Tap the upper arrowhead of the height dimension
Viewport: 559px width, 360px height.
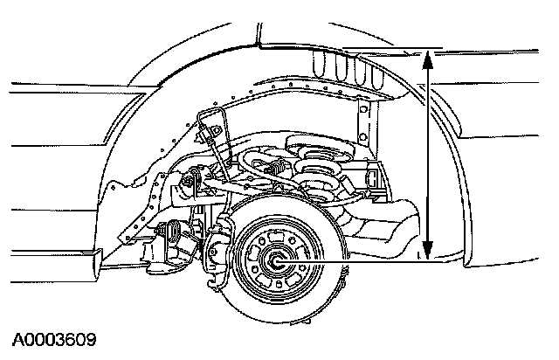pos(428,58)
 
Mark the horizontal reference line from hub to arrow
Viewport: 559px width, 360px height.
pos(358,260)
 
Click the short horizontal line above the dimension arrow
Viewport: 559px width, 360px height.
pos(393,50)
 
